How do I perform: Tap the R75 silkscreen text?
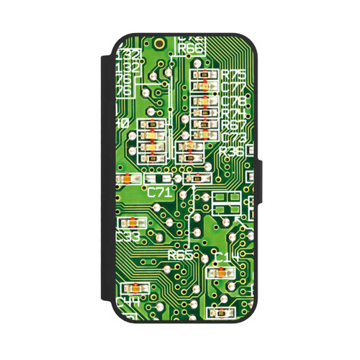(x=233, y=74)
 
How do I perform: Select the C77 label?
(x=234, y=88)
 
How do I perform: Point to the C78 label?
(x=234, y=100)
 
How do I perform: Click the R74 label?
(x=234, y=112)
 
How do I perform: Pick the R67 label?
(x=234, y=125)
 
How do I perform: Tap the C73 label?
(x=234, y=137)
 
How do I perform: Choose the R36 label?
(x=233, y=150)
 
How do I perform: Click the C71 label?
(x=159, y=192)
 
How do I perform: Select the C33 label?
(x=127, y=236)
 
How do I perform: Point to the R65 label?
(x=180, y=255)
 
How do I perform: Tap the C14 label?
(x=227, y=258)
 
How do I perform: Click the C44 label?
(x=128, y=300)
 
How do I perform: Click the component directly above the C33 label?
(x=134, y=222)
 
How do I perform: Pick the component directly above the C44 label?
(x=134, y=287)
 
